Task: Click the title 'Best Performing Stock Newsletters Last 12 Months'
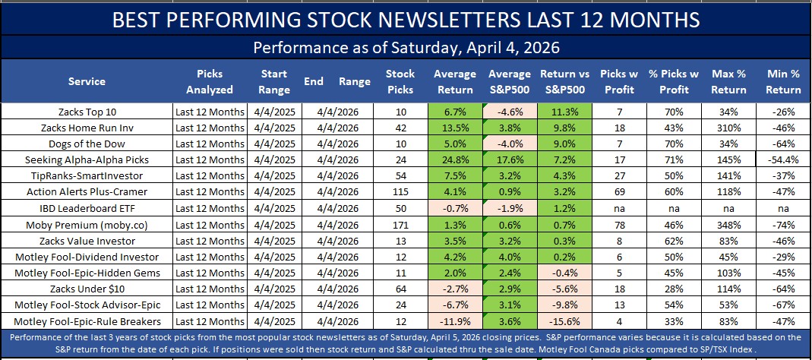click(406, 19)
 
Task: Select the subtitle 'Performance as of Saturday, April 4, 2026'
click(406, 48)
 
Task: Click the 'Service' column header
click(87, 81)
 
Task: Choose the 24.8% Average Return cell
click(455, 159)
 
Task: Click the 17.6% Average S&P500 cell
click(510, 159)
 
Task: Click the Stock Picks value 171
click(400, 224)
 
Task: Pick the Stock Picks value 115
click(400, 192)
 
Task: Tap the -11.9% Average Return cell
click(455, 321)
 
